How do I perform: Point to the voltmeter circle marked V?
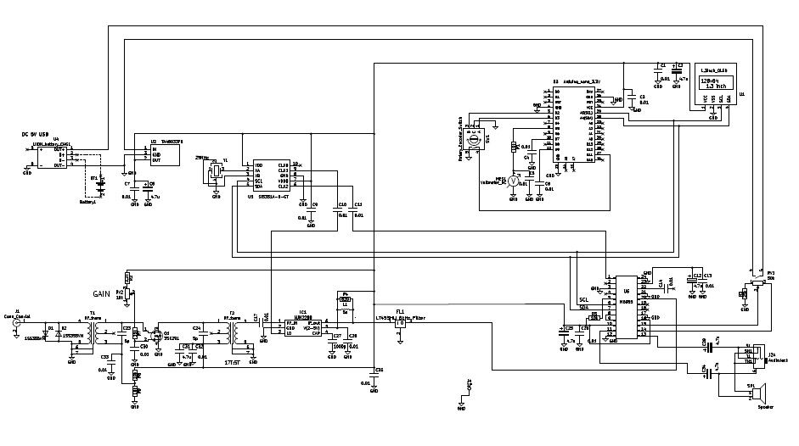click(512, 181)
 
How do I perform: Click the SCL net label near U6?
click(583, 300)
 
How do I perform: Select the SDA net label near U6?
click(583, 309)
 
